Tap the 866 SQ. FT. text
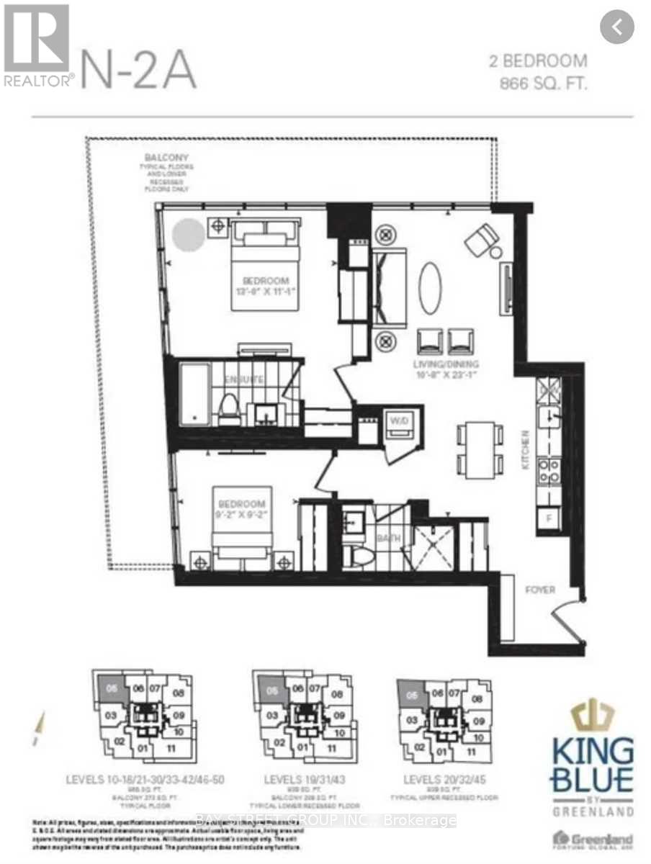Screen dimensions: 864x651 click(x=544, y=84)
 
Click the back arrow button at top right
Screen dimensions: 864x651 click(x=617, y=27)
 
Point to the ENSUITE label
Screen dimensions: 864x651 click(x=243, y=379)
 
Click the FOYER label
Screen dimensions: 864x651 click(x=539, y=590)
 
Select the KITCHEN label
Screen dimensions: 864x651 click(x=526, y=450)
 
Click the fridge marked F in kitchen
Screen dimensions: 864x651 click(x=549, y=516)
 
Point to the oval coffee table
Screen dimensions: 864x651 click(x=429, y=287)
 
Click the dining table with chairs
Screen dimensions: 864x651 click(x=479, y=447)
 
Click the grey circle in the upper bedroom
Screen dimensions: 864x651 click(x=189, y=235)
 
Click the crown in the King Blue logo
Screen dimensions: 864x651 click(x=592, y=716)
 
